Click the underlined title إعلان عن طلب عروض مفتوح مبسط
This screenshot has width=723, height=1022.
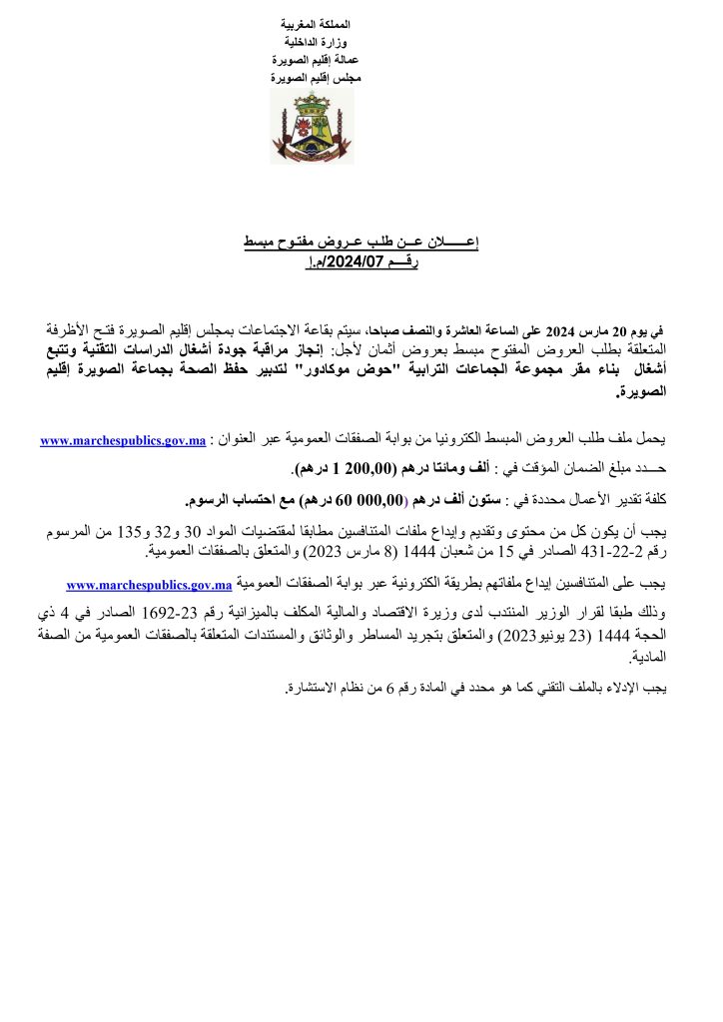click(361, 243)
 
